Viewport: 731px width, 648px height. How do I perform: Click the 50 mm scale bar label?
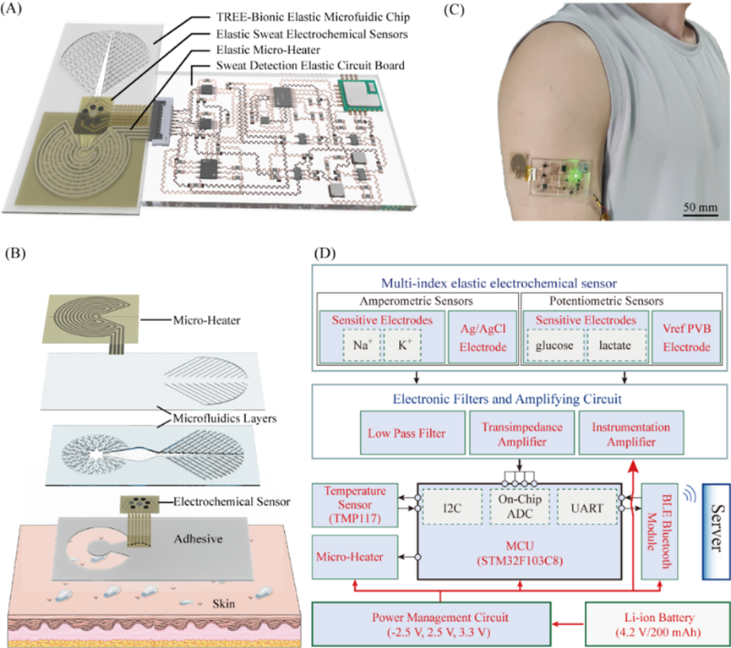coord(700,205)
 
